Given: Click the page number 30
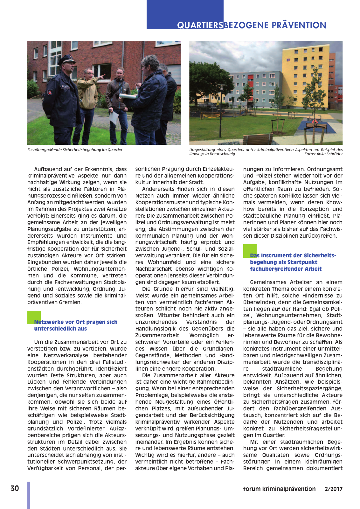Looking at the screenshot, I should point(15,488).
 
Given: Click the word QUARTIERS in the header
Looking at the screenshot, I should point(200,25).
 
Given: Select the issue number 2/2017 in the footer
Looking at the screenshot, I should point(333,489).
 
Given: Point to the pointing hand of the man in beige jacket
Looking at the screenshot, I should point(102,76).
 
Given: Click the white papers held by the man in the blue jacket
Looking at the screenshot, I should point(129,95).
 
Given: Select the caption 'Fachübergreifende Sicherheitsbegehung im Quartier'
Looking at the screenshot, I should point(75,150).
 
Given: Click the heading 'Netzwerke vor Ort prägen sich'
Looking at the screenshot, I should point(76,322).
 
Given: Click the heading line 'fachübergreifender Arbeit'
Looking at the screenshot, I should point(286,269).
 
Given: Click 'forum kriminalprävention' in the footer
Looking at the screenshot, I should point(279,489).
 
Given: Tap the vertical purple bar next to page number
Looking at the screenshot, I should point(29,495).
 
